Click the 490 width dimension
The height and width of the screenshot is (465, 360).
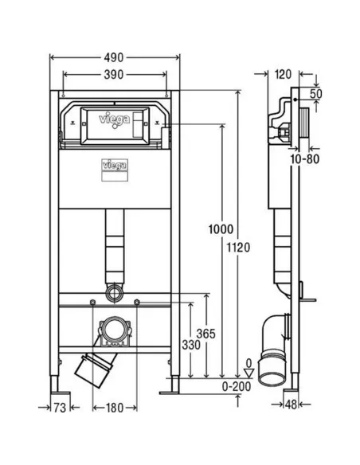(x=114, y=57)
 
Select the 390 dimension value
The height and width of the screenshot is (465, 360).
(x=114, y=74)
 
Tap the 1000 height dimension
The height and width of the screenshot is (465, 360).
(x=221, y=229)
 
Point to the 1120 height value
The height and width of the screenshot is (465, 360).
(x=238, y=248)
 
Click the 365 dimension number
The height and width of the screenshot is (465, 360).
(x=205, y=334)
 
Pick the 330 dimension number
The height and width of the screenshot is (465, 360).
(x=191, y=345)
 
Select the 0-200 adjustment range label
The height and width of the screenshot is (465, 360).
(x=237, y=386)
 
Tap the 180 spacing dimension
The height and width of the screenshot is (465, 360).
(x=115, y=408)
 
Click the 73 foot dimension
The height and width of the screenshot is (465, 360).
(x=60, y=408)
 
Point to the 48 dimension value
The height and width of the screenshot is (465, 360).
(x=291, y=404)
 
